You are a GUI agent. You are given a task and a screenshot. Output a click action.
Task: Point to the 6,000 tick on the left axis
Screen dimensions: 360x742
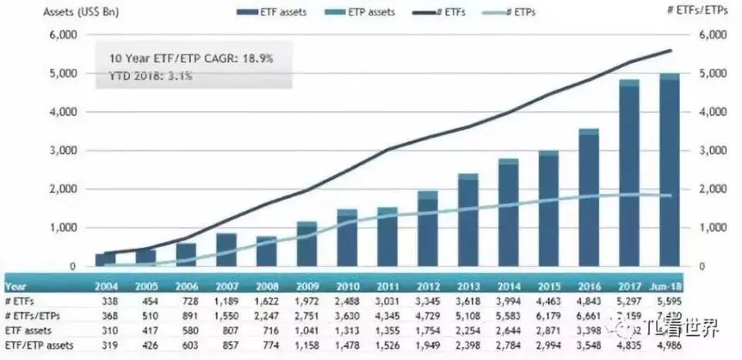[62, 36]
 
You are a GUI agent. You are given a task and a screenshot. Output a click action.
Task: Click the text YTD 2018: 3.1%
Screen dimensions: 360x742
[151, 76]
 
